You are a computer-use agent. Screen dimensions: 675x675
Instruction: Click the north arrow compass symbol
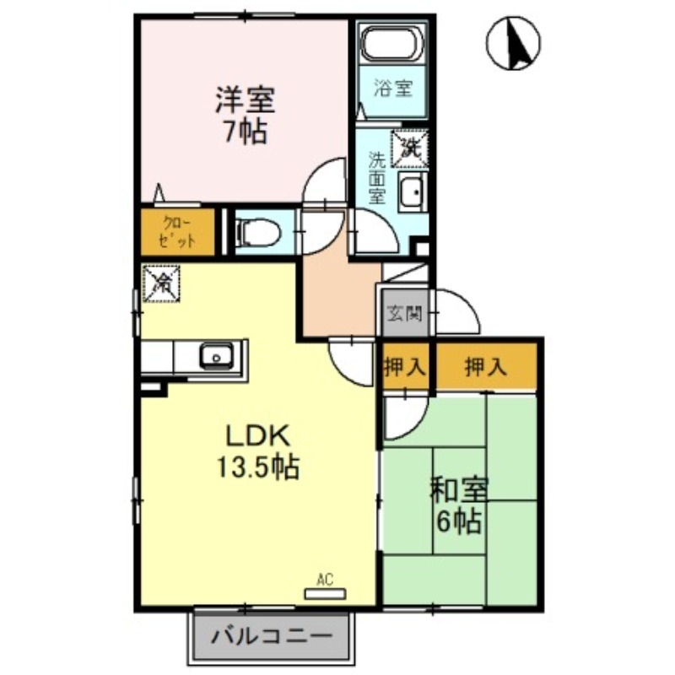pyautogui.click(x=516, y=43)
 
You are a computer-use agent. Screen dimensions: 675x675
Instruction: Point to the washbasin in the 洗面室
pyautogui.click(x=412, y=194)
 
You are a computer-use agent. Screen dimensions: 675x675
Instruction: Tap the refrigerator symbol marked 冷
pyautogui.click(x=159, y=283)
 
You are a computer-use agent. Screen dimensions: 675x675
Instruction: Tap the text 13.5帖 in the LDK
pyautogui.click(x=257, y=467)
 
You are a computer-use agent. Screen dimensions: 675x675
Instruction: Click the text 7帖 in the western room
pyautogui.click(x=243, y=132)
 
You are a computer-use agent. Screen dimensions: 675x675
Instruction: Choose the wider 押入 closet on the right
pyautogui.click(x=486, y=366)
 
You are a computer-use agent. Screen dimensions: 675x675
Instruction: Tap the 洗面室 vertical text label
pyautogui.click(x=377, y=177)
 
